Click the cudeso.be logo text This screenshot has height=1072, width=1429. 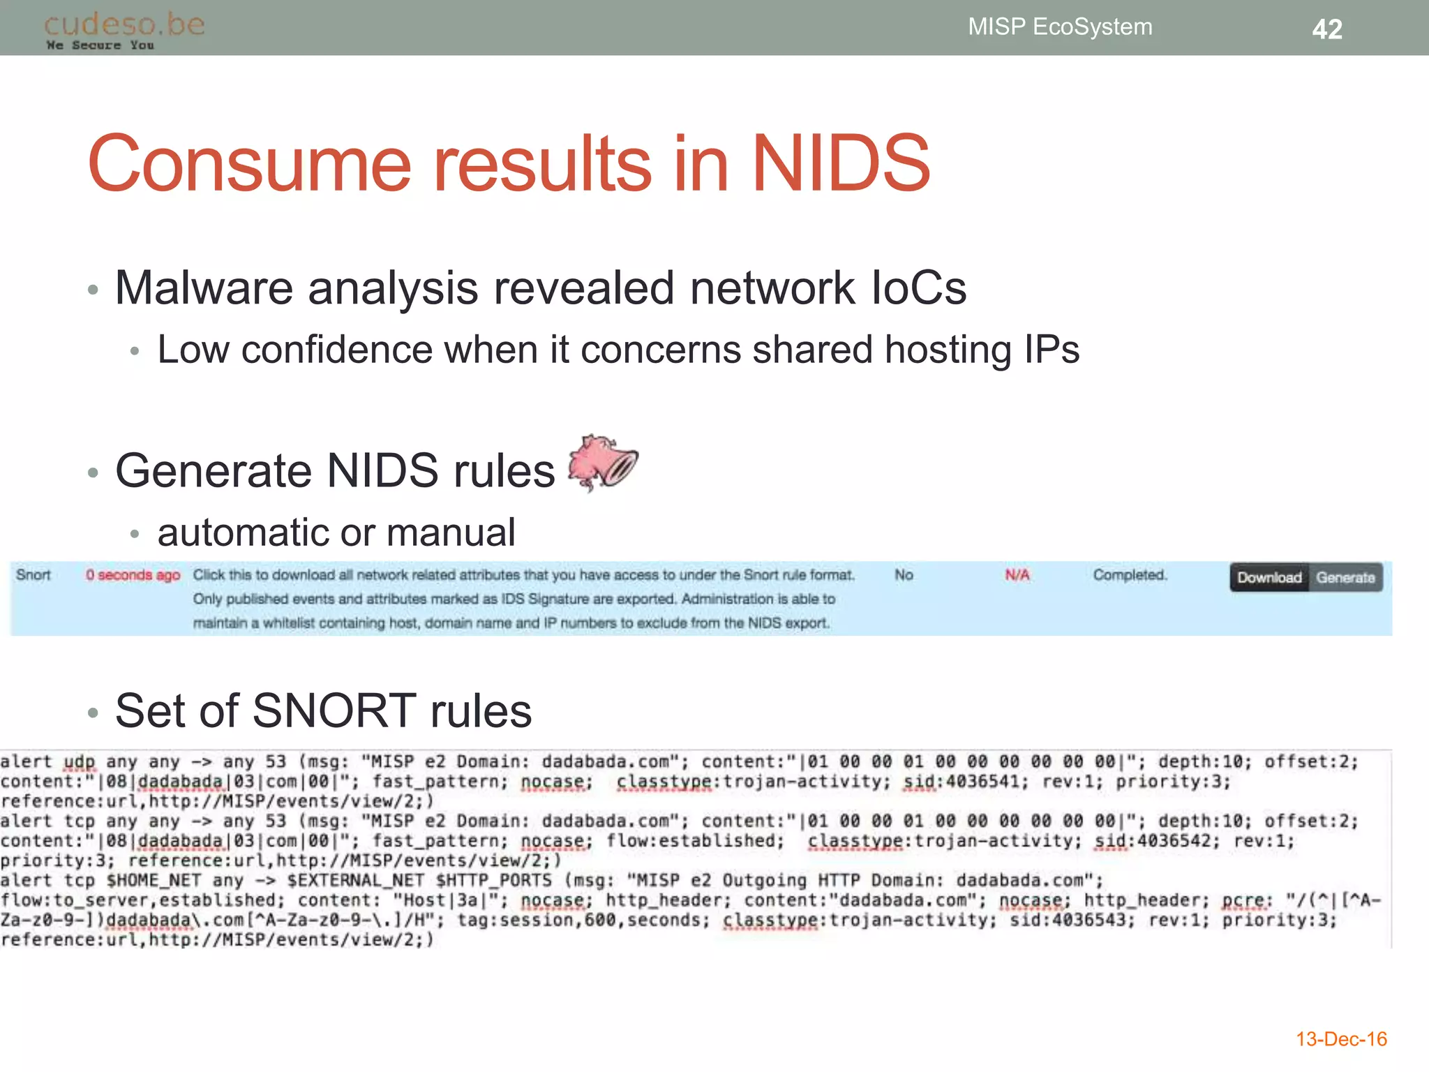(124, 25)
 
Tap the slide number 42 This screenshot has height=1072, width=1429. (1326, 29)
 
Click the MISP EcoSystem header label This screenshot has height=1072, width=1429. (1059, 27)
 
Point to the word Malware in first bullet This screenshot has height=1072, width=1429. (204, 288)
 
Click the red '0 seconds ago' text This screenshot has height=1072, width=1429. (133, 575)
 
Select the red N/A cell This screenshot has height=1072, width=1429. (1017, 575)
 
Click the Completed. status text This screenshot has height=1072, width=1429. (1130, 575)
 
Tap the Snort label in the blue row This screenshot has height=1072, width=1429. (33, 575)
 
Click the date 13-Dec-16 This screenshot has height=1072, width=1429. (1341, 1039)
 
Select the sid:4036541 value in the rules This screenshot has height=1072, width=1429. (966, 782)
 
